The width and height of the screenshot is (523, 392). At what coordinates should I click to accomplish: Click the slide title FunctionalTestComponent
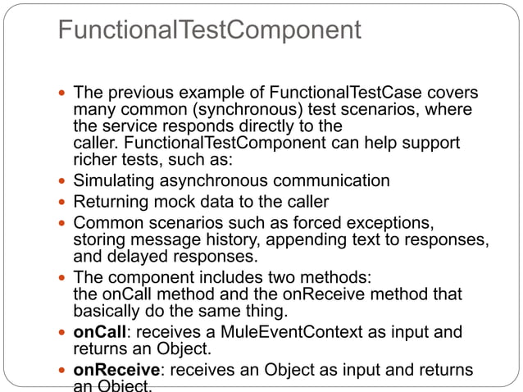click(210, 32)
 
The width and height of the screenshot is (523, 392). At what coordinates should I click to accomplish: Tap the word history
click(225, 239)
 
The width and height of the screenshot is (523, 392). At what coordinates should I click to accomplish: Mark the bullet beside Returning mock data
click(63, 201)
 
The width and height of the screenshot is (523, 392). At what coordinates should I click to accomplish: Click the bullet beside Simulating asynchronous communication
click(63, 180)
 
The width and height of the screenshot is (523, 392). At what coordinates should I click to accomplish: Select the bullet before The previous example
click(63, 93)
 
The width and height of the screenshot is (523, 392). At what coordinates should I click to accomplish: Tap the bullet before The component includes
click(63, 276)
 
